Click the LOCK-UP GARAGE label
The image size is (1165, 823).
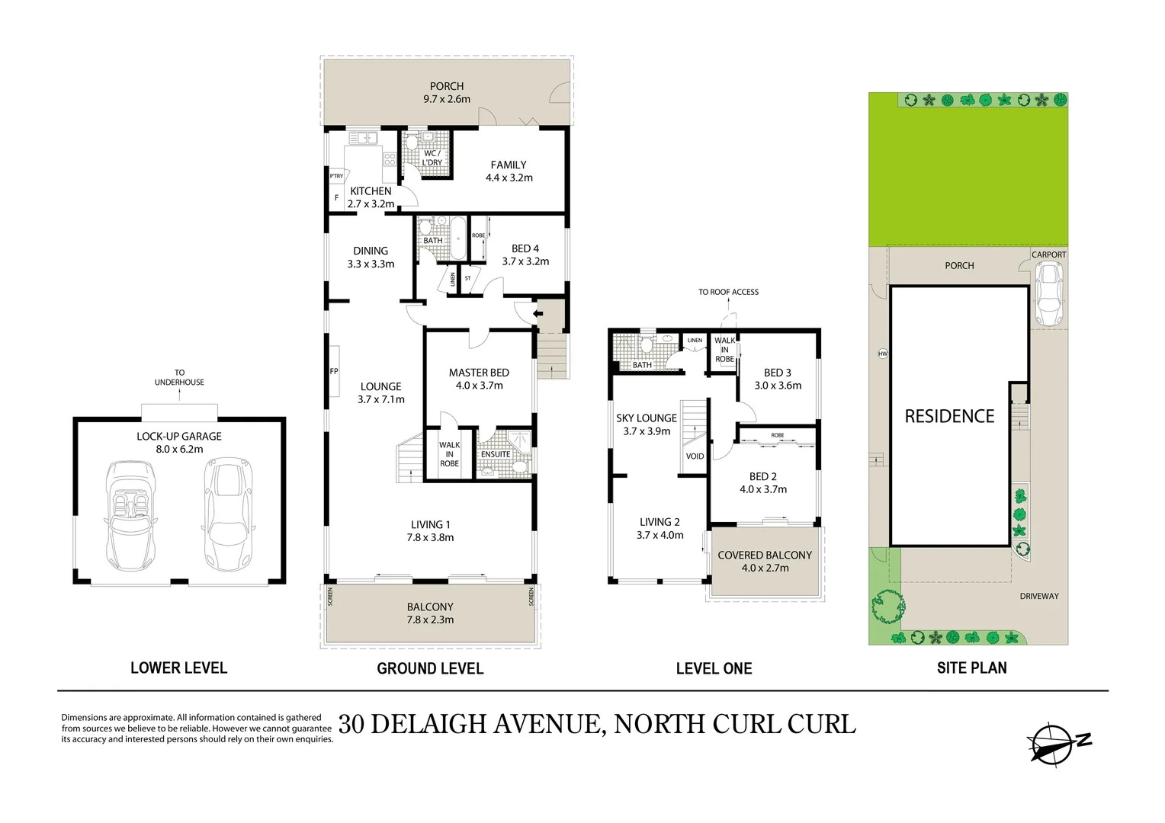(179, 437)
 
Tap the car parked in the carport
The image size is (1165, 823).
(1048, 293)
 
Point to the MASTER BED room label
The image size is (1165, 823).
(479, 373)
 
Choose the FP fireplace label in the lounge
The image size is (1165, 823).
(334, 372)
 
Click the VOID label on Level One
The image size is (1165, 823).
(695, 456)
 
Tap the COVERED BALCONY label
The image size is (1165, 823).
(765, 556)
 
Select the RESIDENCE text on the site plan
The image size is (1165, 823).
(949, 416)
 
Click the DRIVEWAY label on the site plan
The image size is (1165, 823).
(1039, 596)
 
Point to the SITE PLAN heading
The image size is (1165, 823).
(971, 668)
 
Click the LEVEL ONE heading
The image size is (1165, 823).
(714, 669)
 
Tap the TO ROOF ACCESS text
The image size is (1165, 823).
(728, 292)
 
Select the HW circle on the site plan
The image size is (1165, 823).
(883, 354)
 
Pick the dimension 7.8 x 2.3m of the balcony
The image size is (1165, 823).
(430, 620)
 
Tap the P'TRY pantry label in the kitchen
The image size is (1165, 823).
(336, 176)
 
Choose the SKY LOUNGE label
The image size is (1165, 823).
(647, 418)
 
